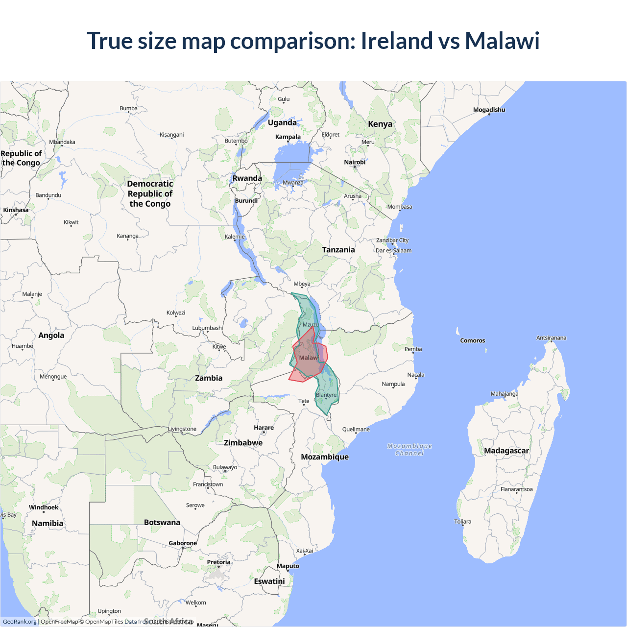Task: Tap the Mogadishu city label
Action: [489, 110]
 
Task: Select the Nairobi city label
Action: [355, 162]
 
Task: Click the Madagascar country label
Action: [506, 451]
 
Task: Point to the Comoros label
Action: [472, 340]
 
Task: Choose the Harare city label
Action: [264, 428]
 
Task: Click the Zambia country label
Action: [209, 378]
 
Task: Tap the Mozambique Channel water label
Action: [410, 450]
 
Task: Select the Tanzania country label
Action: [338, 250]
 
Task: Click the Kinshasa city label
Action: [16, 210]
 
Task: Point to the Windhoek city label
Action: [44, 507]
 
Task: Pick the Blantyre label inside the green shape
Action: [326, 395]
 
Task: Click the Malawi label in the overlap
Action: [309, 358]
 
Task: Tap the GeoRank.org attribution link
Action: [20, 622]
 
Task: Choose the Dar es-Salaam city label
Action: [393, 250]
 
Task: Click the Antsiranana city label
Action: [551, 338]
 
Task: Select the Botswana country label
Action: [162, 523]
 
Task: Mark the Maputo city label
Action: [288, 566]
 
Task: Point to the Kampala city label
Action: [288, 137]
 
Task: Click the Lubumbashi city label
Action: [207, 328]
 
